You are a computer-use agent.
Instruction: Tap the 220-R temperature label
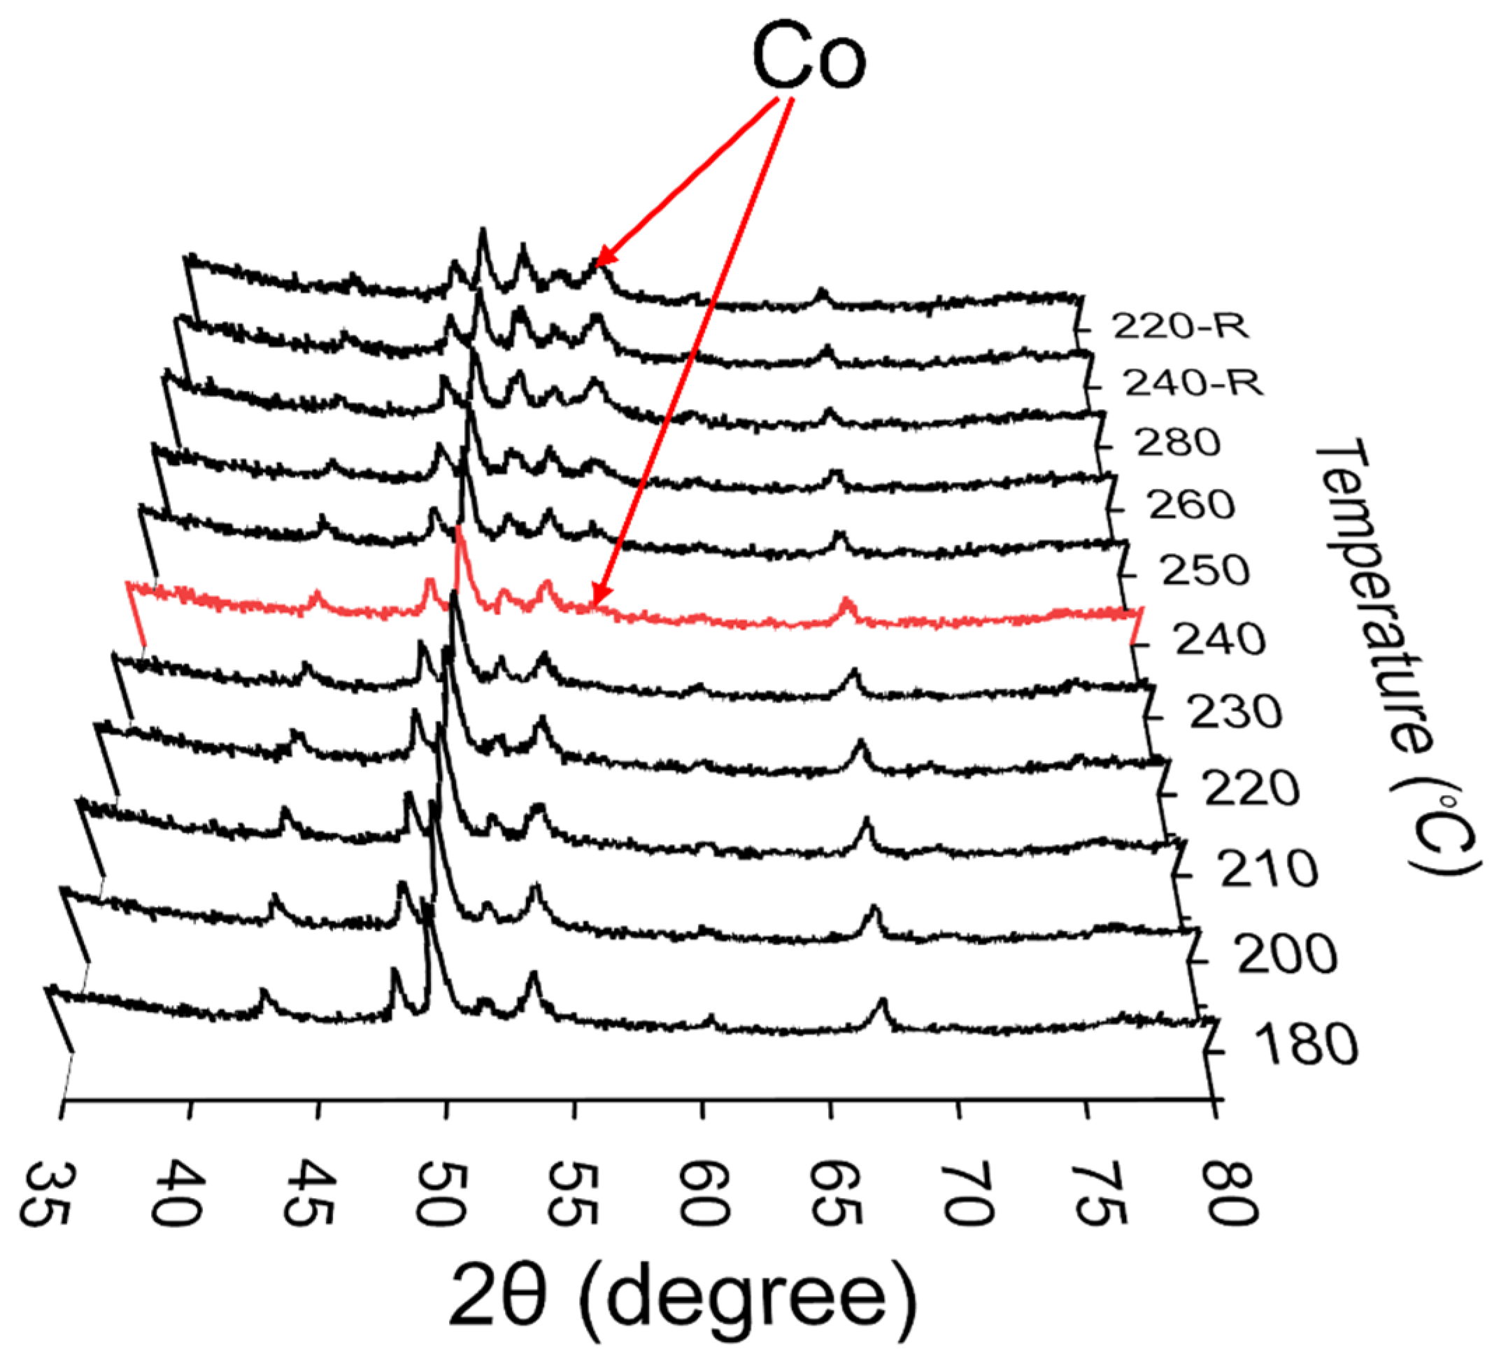tap(1180, 326)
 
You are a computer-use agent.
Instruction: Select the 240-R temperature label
tap(1193, 383)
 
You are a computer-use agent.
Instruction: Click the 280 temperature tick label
tap(1178, 443)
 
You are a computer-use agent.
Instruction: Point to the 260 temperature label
tap(1191, 506)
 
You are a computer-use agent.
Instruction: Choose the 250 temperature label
tap(1204, 571)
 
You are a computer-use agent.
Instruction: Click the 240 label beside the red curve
tap(1220, 641)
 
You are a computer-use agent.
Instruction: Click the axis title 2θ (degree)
tap(681, 1296)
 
